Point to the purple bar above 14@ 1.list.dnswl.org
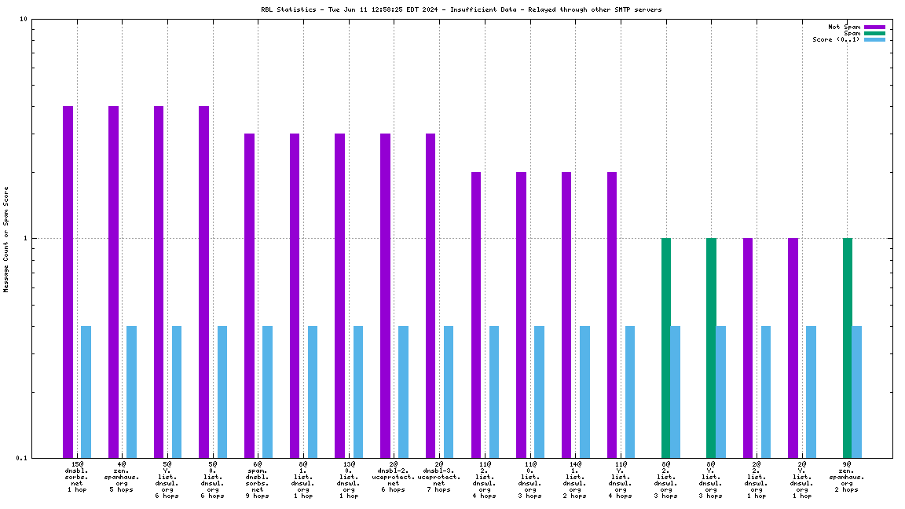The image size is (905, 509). point(566,314)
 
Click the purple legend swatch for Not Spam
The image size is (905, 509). point(874,27)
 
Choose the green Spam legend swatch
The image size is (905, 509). point(874,33)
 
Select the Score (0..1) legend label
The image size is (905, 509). point(836,39)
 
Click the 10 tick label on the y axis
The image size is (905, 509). point(24,20)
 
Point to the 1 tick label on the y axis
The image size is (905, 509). point(26,238)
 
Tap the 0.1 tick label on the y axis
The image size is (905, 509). point(22,458)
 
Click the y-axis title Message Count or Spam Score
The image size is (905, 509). point(6,239)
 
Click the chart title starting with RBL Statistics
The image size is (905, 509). point(461,9)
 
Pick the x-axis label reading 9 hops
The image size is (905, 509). point(257,496)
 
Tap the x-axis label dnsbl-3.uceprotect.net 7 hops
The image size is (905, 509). point(438,478)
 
